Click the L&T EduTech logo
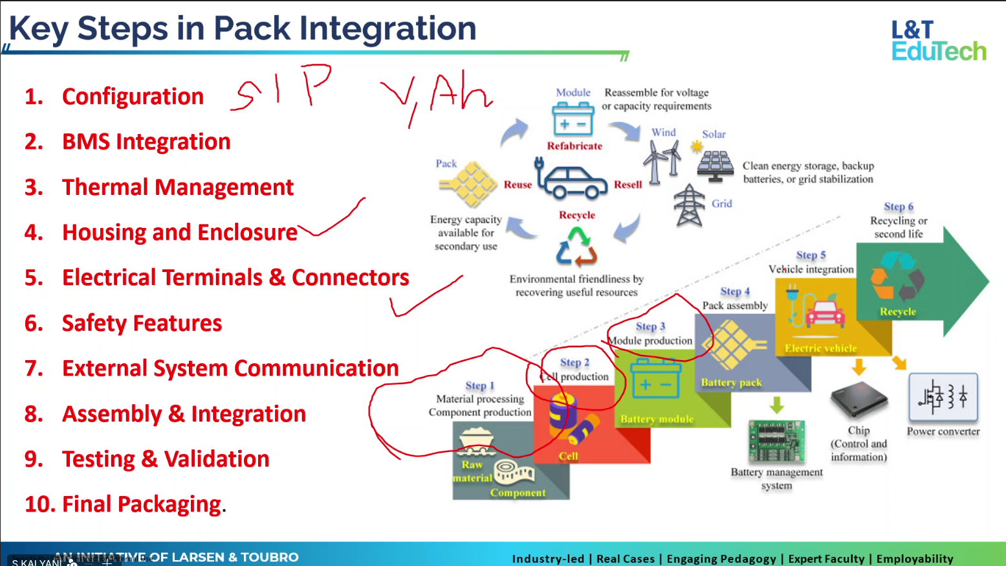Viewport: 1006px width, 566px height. point(938,40)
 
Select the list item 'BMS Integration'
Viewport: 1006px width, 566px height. point(146,142)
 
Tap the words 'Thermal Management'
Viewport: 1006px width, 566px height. point(177,187)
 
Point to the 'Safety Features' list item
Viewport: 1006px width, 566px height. point(142,323)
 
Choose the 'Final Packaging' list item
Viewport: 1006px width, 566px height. point(141,504)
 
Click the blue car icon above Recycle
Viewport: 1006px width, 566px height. point(571,181)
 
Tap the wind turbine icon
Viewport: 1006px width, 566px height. point(662,162)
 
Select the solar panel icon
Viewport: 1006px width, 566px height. point(714,164)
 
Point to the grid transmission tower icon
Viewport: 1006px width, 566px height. point(689,205)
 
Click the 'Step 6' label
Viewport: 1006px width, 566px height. point(899,207)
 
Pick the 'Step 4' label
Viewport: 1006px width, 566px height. point(735,291)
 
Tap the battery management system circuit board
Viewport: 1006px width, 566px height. point(776,440)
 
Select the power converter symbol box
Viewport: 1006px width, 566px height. point(943,396)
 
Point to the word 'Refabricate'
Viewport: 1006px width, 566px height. point(574,146)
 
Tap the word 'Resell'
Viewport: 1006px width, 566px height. point(628,185)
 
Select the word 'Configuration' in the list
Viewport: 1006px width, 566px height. point(133,96)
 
